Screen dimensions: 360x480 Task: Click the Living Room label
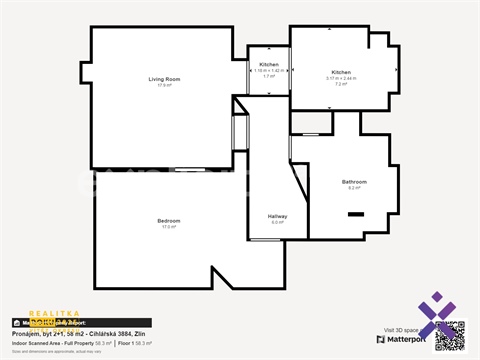pyautogui.click(x=164, y=79)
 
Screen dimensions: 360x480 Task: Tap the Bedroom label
pyautogui.click(x=168, y=220)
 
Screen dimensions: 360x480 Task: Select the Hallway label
pyautogui.click(x=277, y=216)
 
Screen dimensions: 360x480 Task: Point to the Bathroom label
pyautogui.click(x=354, y=182)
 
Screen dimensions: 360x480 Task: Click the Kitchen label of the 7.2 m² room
pyautogui.click(x=341, y=72)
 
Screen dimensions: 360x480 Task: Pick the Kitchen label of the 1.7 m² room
pyautogui.click(x=269, y=64)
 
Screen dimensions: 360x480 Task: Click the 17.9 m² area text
pyautogui.click(x=164, y=86)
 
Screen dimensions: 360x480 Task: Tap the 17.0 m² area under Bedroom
pyautogui.click(x=168, y=227)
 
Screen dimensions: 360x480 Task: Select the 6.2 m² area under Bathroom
pyautogui.click(x=354, y=188)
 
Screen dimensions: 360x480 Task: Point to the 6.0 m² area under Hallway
pyautogui.click(x=277, y=222)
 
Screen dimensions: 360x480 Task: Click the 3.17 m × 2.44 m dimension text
pyautogui.click(x=341, y=78)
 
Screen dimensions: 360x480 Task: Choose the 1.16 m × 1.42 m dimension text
pyautogui.click(x=269, y=70)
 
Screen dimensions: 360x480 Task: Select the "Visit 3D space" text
pyautogui.click(x=403, y=329)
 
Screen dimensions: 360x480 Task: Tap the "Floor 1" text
pyautogui.click(x=124, y=343)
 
